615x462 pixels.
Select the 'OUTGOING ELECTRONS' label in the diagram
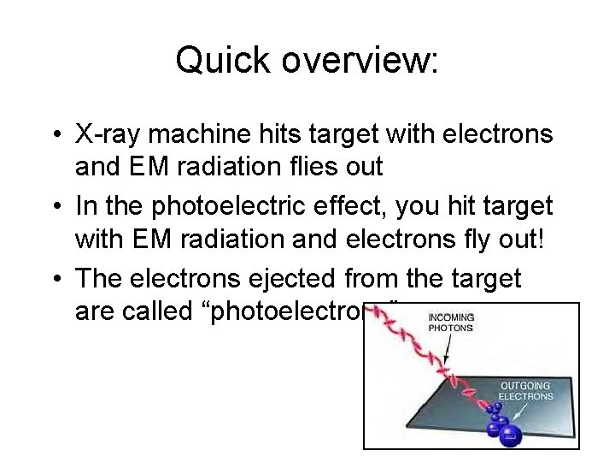[x=525, y=390]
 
